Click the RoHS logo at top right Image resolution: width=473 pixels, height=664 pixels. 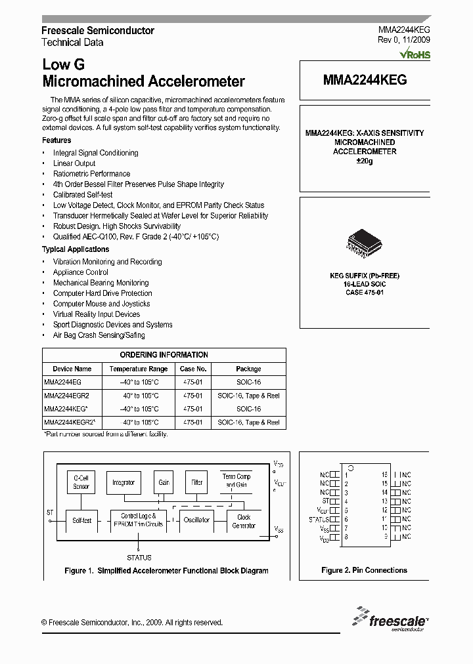[415, 54]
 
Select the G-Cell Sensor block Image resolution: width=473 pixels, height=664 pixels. [81, 482]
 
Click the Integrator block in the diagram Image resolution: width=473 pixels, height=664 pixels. [124, 482]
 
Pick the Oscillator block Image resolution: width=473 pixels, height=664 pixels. [196, 520]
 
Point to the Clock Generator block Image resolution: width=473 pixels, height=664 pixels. [244, 521]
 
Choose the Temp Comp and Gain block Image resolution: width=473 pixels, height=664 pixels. [236, 480]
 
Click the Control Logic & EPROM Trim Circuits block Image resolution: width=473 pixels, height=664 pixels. [138, 520]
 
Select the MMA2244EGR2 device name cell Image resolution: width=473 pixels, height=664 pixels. [66, 396]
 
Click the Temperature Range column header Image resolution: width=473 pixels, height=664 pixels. [139, 369]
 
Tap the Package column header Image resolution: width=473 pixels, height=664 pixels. [248, 369]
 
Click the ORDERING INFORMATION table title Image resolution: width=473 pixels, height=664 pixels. [164, 354]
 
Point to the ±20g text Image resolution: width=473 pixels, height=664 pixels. [364, 161]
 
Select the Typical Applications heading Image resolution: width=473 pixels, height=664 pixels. [76, 249]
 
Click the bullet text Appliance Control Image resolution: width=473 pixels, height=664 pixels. [81, 272]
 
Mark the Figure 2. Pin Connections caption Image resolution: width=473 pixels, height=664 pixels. [364, 570]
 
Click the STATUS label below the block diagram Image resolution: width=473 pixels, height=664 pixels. [139, 558]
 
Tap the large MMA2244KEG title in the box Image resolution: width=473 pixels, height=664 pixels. [365, 79]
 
